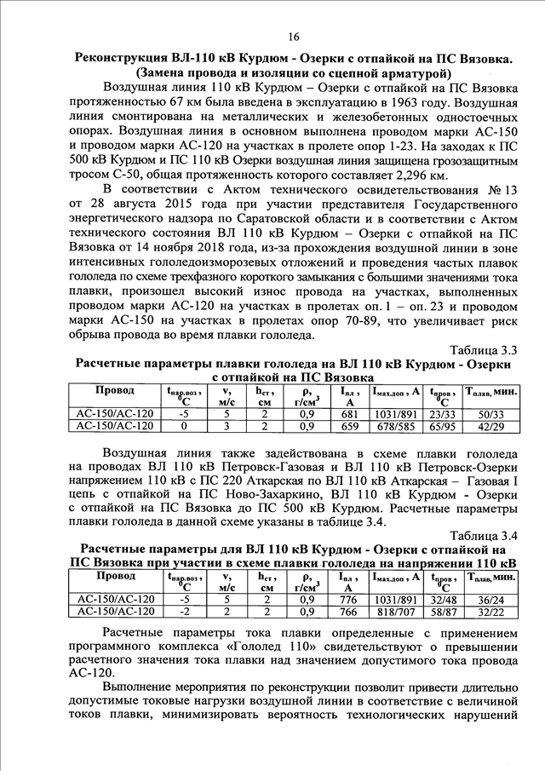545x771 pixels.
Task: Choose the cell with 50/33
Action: [x=492, y=413]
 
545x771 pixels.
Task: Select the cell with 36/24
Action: [x=492, y=599]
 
